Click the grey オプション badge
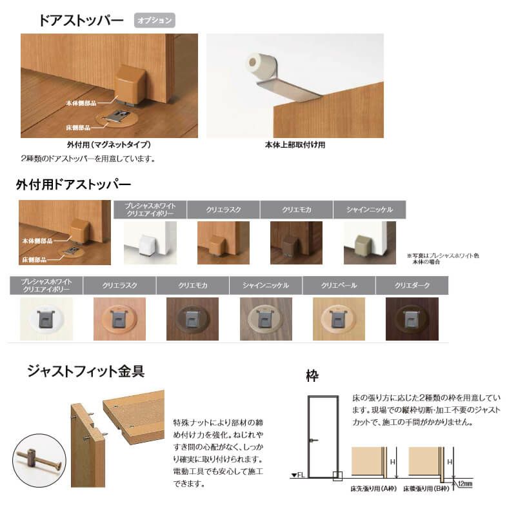point(155,20)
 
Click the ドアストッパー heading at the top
point(81,20)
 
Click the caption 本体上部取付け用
point(295,145)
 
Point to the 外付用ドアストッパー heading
point(73,184)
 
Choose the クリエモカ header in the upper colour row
point(296,210)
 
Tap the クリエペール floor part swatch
point(339,319)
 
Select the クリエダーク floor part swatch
point(412,319)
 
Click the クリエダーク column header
point(412,284)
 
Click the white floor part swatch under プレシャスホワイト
point(46,319)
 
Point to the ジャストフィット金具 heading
point(85,371)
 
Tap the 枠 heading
point(313,375)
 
